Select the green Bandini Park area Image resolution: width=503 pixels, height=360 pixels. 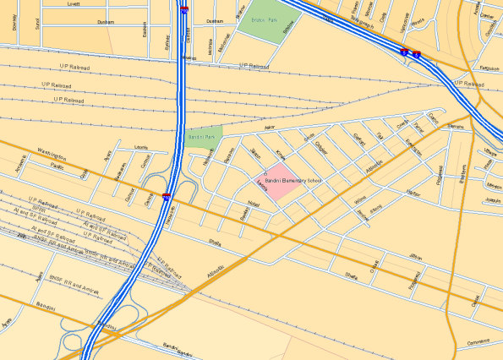click(x=204, y=135)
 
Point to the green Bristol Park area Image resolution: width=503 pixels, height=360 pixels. click(x=261, y=22)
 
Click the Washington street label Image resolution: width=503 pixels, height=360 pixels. click(x=52, y=153)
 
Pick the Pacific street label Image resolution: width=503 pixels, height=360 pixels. click(x=57, y=166)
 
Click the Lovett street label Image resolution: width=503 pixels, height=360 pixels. click(x=74, y=4)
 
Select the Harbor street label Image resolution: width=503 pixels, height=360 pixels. click(x=413, y=193)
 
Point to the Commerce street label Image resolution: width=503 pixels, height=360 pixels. click(x=478, y=342)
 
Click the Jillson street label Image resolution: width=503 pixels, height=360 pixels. click(x=415, y=255)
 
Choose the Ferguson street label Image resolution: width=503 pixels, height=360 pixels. click(x=489, y=67)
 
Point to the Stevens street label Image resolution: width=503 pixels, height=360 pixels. click(x=455, y=126)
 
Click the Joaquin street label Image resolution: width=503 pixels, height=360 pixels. click(x=493, y=200)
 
